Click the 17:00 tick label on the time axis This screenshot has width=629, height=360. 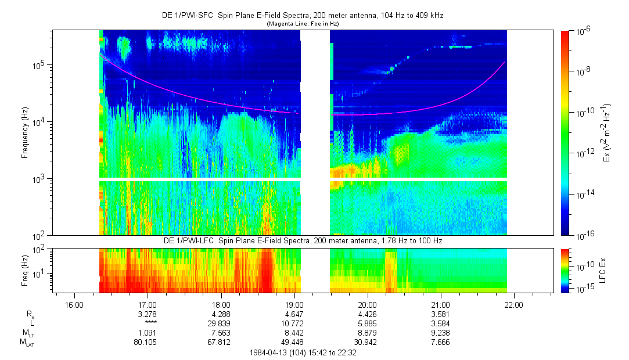point(148,304)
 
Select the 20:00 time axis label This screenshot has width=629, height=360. point(368,304)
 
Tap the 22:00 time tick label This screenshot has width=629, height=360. point(514,304)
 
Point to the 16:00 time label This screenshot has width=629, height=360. point(74,304)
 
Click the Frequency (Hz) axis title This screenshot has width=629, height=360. point(25,132)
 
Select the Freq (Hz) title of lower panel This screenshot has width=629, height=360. point(25,270)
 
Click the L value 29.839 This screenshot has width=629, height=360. point(221,323)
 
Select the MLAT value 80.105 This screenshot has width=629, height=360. point(148,341)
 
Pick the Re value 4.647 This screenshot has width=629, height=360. point(294,314)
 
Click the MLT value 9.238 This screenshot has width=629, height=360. point(441,332)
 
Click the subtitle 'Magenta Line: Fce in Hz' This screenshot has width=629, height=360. point(303,24)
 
